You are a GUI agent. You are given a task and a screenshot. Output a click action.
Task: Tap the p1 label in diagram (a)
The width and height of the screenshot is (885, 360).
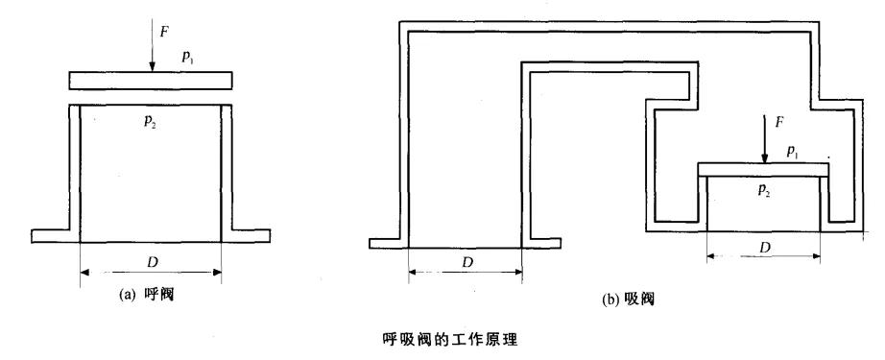click(187, 59)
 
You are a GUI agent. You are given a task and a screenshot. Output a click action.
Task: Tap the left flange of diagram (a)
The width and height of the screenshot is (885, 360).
click(51, 236)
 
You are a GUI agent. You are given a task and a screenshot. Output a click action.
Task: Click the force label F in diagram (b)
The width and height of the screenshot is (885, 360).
click(778, 123)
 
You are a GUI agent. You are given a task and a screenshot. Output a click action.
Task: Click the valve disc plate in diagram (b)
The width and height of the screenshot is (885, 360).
click(763, 170)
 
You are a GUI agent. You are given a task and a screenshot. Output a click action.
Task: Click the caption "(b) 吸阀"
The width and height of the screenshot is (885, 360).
click(628, 300)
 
